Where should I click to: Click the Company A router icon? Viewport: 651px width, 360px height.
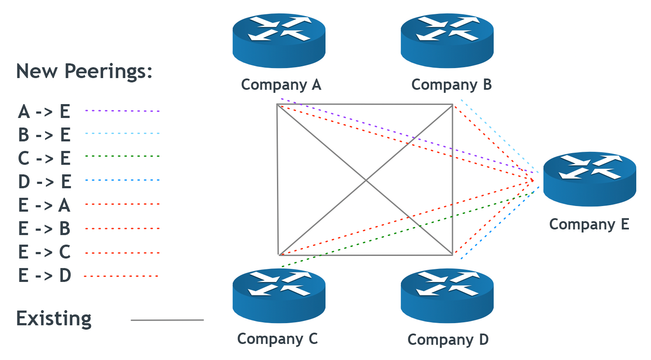(x=279, y=40)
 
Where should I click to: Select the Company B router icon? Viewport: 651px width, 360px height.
(x=447, y=40)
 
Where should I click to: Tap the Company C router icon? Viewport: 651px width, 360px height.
(x=279, y=295)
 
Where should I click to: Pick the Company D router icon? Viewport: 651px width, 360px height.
(x=447, y=295)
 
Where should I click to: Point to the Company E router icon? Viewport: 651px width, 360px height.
(x=589, y=179)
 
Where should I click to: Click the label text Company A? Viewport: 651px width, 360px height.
(x=281, y=85)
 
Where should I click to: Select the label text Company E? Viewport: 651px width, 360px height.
(x=589, y=224)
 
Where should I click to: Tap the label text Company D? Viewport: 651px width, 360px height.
(x=448, y=340)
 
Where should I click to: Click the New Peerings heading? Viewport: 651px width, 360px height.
(x=84, y=71)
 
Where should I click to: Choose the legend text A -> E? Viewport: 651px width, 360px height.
(x=44, y=112)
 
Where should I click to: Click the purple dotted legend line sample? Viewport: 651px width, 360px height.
(x=123, y=111)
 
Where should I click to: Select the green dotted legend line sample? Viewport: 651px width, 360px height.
(x=123, y=156)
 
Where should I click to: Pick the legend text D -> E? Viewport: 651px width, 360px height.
(x=45, y=182)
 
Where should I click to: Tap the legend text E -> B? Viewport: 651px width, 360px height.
(x=44, y=229)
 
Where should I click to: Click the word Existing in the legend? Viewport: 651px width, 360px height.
(x=54, y=319)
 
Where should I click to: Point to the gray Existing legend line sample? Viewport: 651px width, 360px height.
(x=167, y=321)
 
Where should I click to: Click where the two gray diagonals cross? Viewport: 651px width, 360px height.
(x=365, y=180)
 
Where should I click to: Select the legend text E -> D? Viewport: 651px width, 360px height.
(x=45, y=275)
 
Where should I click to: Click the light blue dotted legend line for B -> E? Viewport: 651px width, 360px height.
(x=123, y=134)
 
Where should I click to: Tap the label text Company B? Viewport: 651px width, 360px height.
(x=451, y=85)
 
